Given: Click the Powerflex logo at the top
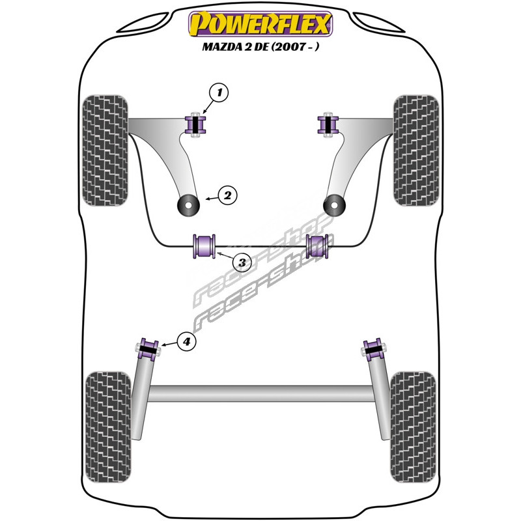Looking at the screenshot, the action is (260, 24).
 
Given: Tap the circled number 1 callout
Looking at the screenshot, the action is (219, 92).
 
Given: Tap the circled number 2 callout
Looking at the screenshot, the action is (227, 196).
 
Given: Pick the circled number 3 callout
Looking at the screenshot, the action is (242, 262).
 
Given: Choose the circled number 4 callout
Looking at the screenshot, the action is (187, 341).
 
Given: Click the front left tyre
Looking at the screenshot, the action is (105, 150).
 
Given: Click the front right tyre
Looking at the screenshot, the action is (416, 150).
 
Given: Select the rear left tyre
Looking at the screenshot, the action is (108, 427).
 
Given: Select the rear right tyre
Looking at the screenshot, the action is (413, 427).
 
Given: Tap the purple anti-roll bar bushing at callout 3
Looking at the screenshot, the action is (204, 246).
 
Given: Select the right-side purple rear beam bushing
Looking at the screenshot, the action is (373, 349).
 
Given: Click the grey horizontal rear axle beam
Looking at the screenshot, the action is (261, 393).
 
